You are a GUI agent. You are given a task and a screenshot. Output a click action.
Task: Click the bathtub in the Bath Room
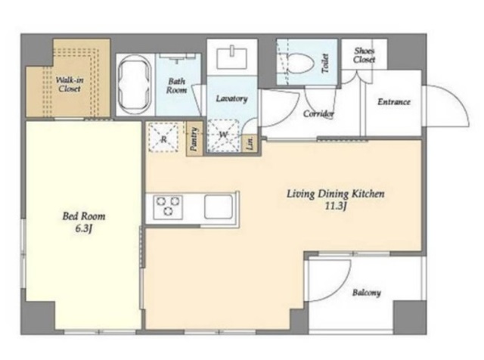135,85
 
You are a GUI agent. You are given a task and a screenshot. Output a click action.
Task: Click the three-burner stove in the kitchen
168,206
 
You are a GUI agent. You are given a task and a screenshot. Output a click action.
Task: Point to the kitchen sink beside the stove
219,206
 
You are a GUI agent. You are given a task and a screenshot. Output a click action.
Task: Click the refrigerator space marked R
163,138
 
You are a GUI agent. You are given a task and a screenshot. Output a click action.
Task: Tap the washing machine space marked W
223,135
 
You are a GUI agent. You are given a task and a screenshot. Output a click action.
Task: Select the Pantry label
194,138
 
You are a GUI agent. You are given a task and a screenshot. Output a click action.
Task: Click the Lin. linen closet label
251,143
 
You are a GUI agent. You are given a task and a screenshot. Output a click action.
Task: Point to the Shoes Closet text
365,55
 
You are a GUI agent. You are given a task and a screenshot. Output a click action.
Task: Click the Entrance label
394,102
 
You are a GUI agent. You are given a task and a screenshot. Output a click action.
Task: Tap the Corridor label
318,114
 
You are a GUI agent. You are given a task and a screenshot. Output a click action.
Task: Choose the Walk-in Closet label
70,85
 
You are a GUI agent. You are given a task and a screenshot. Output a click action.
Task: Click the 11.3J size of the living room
335,206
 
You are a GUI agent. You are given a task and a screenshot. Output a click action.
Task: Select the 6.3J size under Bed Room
83,229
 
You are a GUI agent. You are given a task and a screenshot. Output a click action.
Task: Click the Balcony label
366,293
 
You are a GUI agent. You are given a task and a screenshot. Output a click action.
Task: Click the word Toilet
325,64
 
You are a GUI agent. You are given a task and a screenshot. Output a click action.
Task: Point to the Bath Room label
176,85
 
